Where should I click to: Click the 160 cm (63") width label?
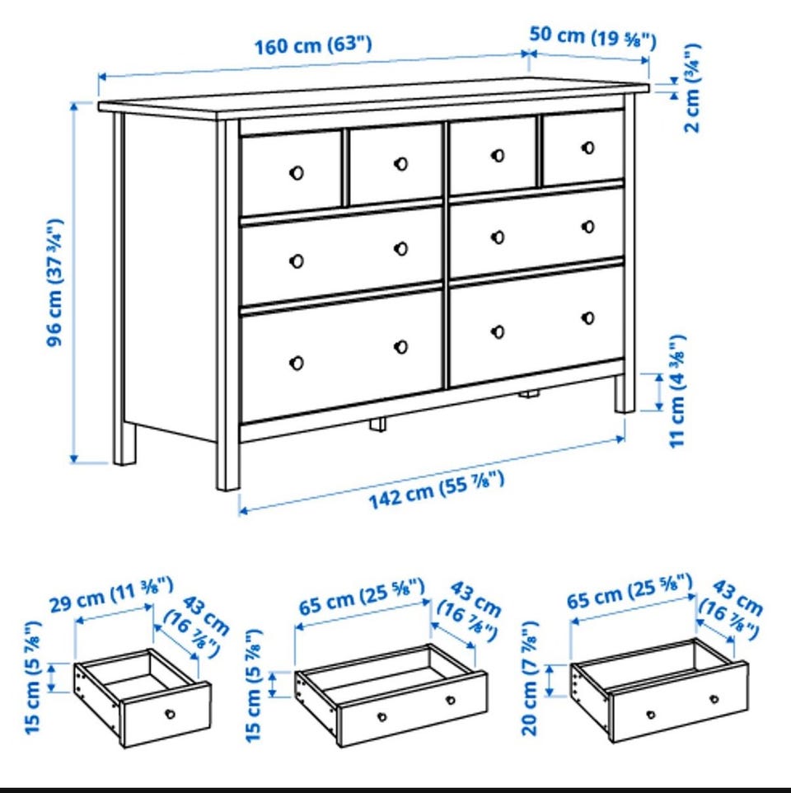[x=313, y=45]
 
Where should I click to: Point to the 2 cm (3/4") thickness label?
[x=692, y=88]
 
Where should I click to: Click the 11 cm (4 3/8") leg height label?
[x=677, y=391]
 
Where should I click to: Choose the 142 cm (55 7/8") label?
[x=436, y=489]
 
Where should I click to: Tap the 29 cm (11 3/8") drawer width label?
[x=111, y=594]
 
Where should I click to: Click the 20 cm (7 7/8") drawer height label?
[x=530, y=678]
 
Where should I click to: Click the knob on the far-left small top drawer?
[x=297, y=173]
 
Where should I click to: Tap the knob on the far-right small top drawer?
[x=587, y=148]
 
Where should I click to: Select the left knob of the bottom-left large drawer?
[x=297, y=364]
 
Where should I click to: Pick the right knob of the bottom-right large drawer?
[x=587, y=318]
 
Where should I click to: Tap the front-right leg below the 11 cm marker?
[x=625, y=394]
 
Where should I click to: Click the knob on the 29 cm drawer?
[x=171, y=714]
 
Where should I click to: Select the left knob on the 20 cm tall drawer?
[x=651, y=716]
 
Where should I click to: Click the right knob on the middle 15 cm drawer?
[x=451, y=701]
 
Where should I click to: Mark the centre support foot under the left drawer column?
[x=377, y=424]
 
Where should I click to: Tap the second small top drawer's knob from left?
[x=400, y=164]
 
